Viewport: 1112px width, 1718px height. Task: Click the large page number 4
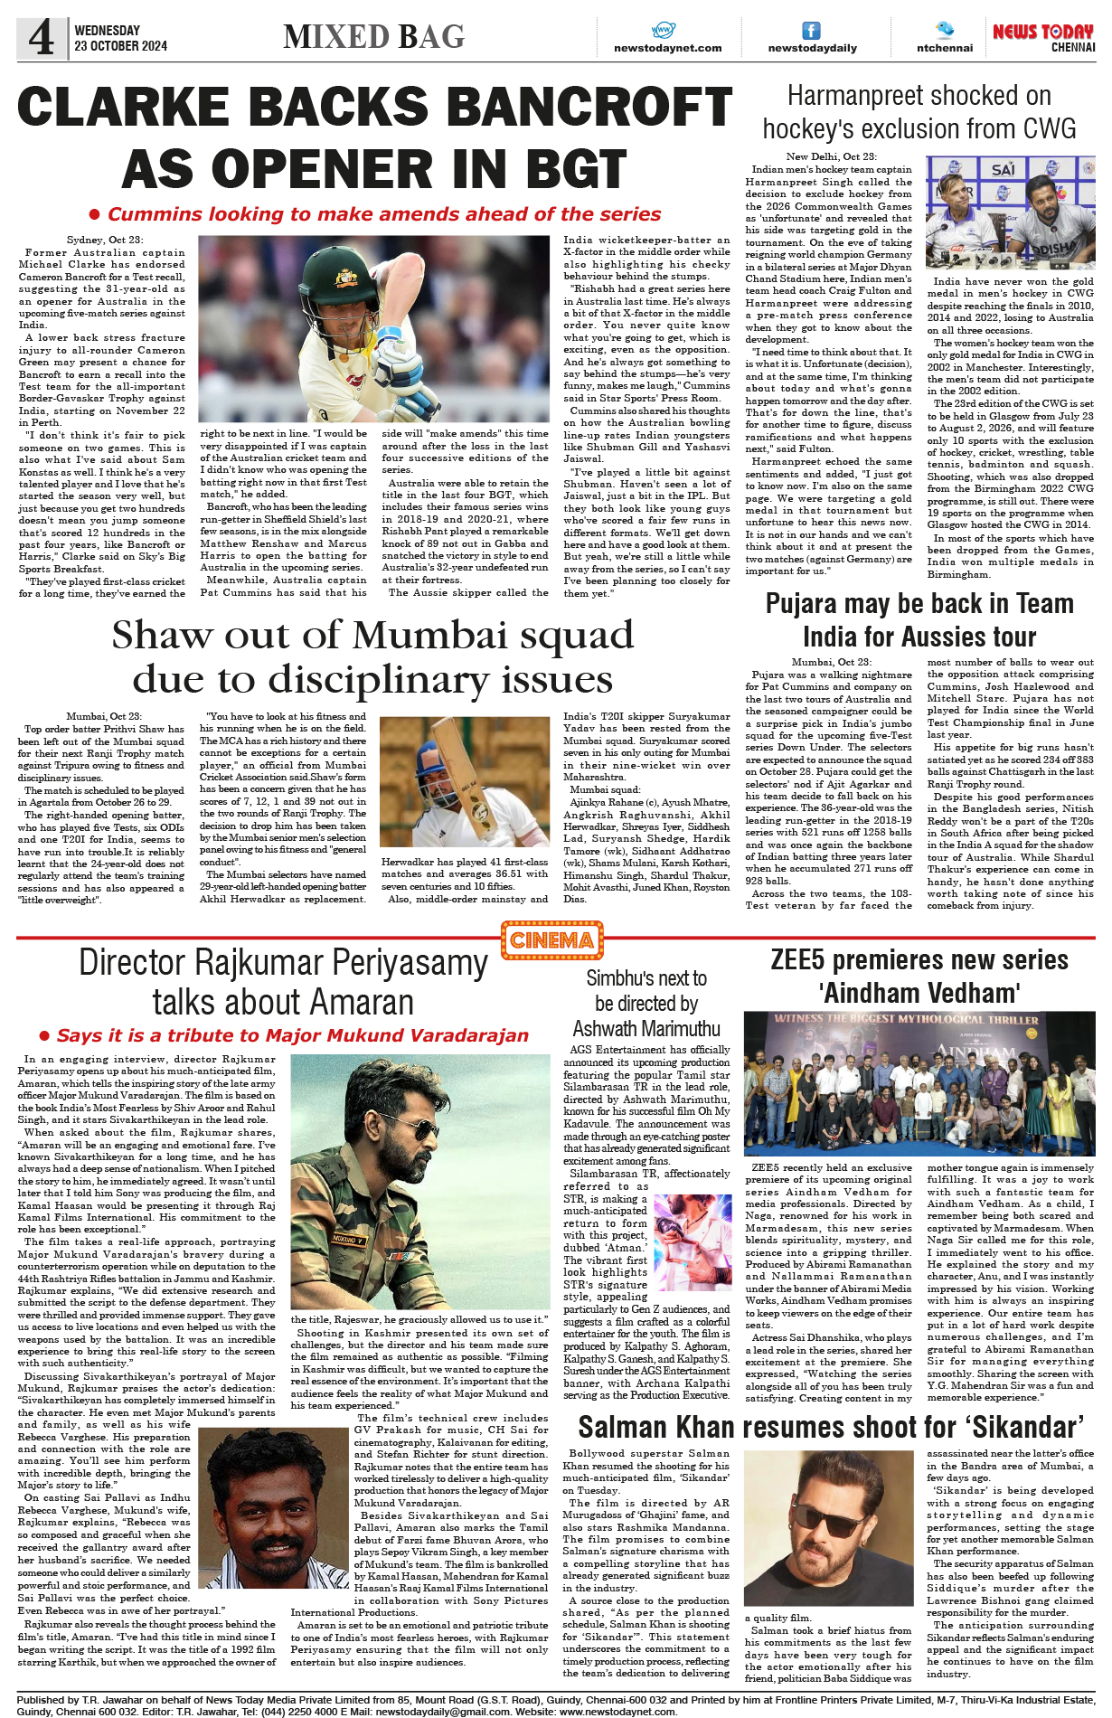(42, 37)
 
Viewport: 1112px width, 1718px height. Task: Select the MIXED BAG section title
(373, 37)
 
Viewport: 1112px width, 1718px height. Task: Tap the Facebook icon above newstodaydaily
(812, 30)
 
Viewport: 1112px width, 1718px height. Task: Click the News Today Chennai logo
(1043, 37)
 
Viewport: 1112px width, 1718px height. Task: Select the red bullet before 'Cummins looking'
(94, 214)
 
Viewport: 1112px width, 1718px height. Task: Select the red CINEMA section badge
(551, 940)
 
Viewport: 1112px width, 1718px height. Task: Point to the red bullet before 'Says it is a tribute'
(44, 1035)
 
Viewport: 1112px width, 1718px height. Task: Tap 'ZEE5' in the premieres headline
(801, 960)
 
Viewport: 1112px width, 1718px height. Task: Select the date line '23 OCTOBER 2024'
(120, 46)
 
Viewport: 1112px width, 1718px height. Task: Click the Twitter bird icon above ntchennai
(945, 29)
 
